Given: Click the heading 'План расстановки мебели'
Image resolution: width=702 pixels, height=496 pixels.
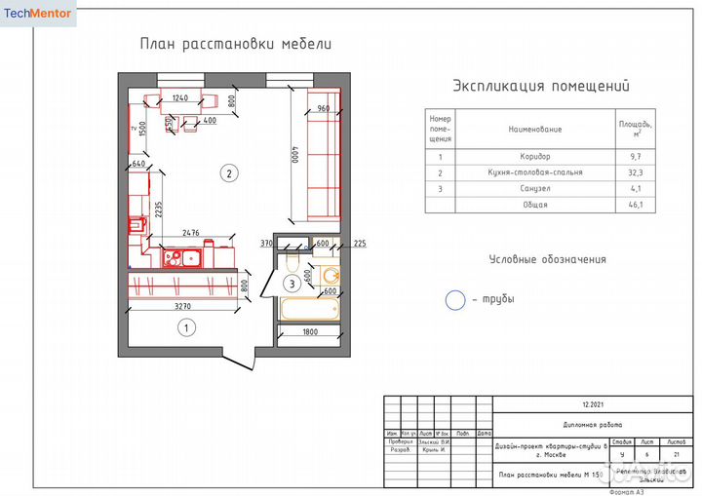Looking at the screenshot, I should click(x=235, y=44).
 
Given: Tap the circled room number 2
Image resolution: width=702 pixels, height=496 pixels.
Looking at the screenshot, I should click(x=228, y=174).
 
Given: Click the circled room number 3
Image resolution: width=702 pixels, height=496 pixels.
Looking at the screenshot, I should click(x=292, y=285).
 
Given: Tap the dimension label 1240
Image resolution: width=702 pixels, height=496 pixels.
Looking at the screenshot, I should click(x=179, y=98).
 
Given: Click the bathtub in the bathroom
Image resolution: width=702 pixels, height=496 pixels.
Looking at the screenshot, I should click(x=308, y=310).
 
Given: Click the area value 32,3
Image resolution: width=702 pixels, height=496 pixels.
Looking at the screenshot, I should click(x=635, y=172).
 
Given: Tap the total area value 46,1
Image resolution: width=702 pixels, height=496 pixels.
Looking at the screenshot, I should click(x=635, y=205).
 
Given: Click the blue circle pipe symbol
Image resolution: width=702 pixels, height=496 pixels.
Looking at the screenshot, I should click(x=455, y=300).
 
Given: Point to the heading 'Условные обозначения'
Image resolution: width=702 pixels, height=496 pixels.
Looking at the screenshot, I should click(x=547, y=259).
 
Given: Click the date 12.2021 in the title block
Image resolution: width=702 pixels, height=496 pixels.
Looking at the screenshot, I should click(x=593, y=403).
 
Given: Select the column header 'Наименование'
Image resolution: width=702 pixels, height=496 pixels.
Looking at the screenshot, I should click(x=535, y=129).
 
